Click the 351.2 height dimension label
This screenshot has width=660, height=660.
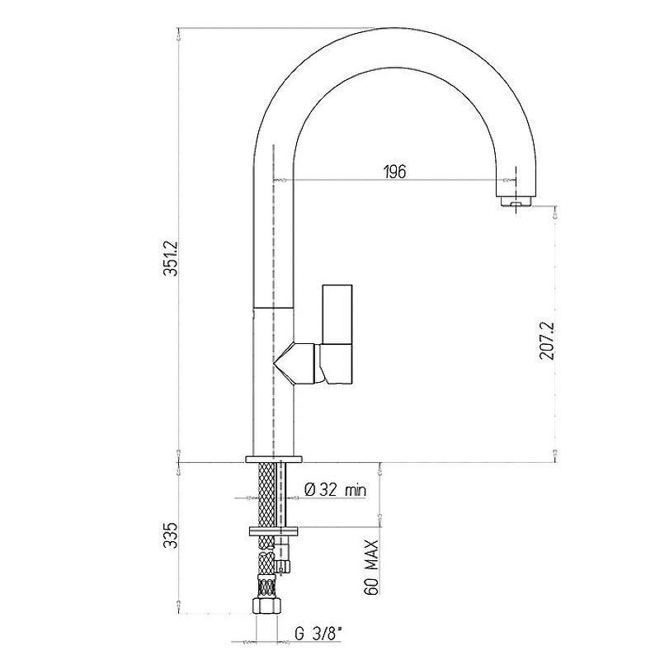pyautogui.click(x=171, y=258)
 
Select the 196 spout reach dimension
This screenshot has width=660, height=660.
pyautogui.click(x=395, y=172)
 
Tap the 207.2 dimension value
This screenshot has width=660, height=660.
pyautogui.click(x=547, y=341)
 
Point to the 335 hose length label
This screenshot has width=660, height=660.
pyautogui.click(x=171, y=535)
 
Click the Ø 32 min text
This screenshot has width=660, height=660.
pyautogui.click(x=335, y=489)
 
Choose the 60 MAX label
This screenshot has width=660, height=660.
pyautogui.click(x=371, y=567)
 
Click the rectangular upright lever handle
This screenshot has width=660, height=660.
pyautogui.click(x=337, y=314)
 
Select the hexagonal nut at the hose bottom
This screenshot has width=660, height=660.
pyautogui.click(x=266, y=606)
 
